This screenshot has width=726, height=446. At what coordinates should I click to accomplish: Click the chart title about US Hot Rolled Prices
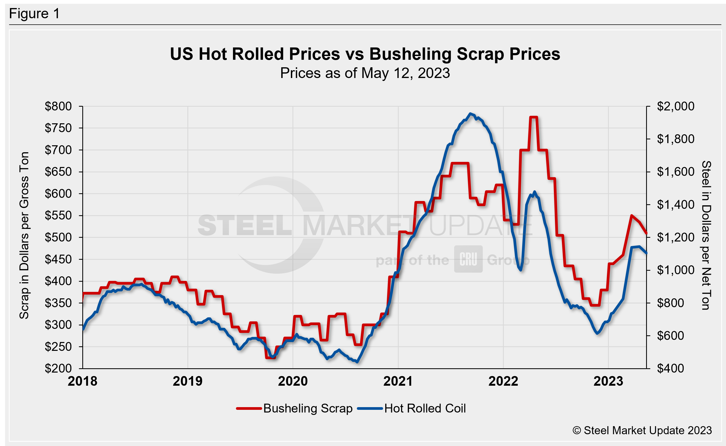pos(365,54)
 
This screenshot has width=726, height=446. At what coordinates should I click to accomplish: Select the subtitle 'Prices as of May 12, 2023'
pos(365,73)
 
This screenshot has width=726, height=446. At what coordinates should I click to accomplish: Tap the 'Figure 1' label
pos(34,14)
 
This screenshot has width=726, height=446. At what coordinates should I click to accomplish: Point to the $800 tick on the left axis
pos(58,106)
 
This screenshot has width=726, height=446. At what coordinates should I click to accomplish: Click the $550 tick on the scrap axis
pos(58,215)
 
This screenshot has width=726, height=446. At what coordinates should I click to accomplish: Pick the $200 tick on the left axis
pos(58,369)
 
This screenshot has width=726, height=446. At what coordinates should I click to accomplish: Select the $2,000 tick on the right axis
pos(675,106)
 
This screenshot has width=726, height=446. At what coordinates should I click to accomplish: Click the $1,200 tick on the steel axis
pos(675,237)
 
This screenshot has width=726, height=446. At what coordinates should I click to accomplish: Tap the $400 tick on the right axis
pos(670,369)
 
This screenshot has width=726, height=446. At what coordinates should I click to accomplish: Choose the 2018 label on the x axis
pos(83,381)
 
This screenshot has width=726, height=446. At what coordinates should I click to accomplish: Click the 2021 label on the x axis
pos(398,381)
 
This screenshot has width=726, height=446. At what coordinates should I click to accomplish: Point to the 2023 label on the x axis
pos(608,381)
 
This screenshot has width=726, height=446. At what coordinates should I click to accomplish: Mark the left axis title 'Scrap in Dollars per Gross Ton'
pos(24,235)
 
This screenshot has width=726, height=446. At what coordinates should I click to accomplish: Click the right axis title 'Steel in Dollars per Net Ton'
pos(706,235)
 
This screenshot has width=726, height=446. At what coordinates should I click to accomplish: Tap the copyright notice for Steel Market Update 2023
pos(642,430)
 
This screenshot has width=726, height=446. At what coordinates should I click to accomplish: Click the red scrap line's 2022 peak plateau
pos(534,117)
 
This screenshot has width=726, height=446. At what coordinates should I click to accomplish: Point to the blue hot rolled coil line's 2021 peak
pos(471,114)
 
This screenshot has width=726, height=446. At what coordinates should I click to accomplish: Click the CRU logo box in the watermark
pos(468,259)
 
